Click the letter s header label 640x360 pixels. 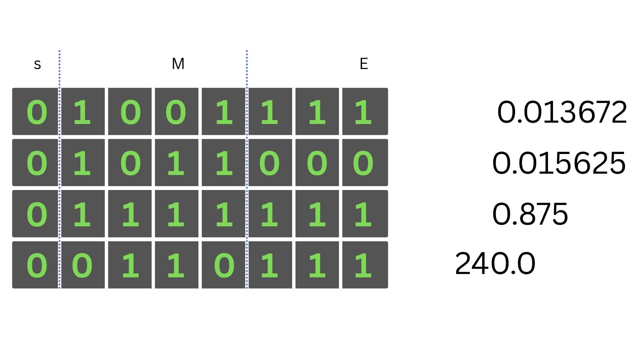point(37,64)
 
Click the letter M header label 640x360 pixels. point(178,64)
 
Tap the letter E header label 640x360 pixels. point(364,64)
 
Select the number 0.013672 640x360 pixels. point(562,112)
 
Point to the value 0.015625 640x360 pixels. point(559,163)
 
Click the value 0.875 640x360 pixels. point(530,214)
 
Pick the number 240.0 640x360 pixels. point(495,264)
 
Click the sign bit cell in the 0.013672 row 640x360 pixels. point(35,112)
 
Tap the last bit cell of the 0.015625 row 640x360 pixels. point(365,163)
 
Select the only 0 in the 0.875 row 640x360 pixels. point(35,214)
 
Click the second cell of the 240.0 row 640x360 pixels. point(83,265)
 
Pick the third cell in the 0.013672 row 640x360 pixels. point(130,112)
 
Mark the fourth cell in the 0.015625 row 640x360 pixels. point(177,163)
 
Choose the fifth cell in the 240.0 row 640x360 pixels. point(223,265)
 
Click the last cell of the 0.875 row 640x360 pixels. point(365,214)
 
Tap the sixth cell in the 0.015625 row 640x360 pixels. point(270,163)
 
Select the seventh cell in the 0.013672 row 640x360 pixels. point(317,112)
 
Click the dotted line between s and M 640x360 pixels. point(60,169)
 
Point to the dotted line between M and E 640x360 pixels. point(247,169)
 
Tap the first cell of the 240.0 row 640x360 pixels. point(35,265)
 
